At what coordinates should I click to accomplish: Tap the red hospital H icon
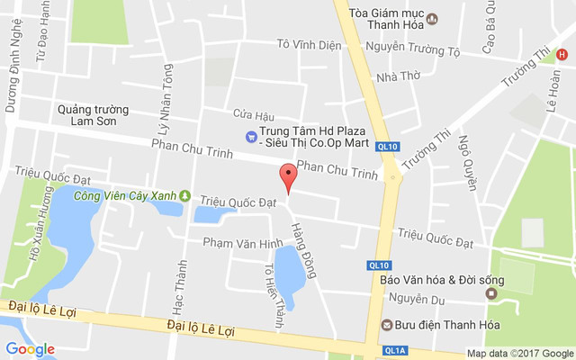[x=562, y=55]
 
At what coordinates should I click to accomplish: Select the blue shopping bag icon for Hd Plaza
[x=251, y=137]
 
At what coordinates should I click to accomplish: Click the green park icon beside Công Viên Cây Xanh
[x=185, y=195]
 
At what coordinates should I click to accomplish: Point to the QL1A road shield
[x=393, y=350]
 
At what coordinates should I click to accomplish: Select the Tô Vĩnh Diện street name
[x=309, y=44]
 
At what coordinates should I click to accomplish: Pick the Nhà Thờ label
[x=399, y=76]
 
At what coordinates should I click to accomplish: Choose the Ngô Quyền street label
[x=466, y=162]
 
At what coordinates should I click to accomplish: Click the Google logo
[x=30, y=349]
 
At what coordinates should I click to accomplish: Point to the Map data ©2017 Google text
[x=519, y=354]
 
